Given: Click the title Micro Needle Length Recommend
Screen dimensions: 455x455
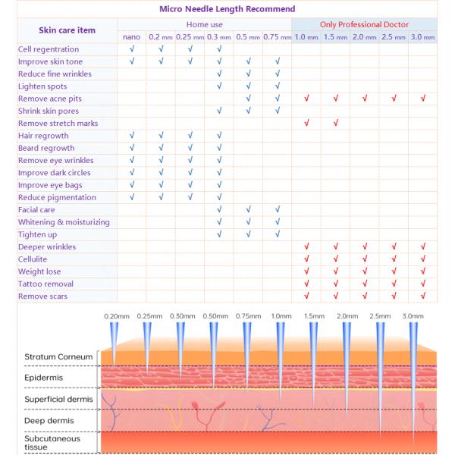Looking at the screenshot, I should point(227,10).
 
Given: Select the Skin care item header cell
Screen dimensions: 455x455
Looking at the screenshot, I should point(67,30).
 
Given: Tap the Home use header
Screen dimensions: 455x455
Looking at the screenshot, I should point(204,24).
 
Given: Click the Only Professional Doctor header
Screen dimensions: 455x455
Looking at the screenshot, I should point(364,24).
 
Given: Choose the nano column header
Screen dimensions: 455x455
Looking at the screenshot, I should point(131,36).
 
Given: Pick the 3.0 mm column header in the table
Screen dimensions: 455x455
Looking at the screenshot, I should point(422,36).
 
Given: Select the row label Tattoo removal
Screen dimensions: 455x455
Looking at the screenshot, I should point(45,284).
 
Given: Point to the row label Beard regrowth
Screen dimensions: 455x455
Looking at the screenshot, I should point(46,148).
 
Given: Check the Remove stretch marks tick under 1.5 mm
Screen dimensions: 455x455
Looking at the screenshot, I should point(335,123).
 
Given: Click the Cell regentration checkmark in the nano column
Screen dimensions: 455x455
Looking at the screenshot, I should point(131,49).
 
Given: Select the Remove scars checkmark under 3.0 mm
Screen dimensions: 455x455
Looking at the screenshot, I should point(423,296).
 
